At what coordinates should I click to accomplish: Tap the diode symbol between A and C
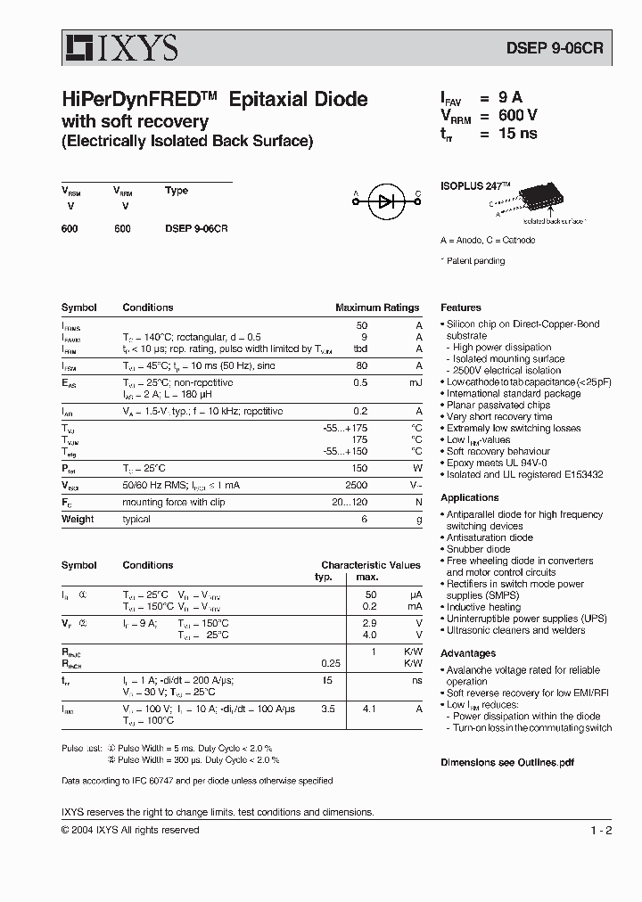click(x=386, y=202)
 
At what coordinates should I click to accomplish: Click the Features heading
click(x=461, y=307)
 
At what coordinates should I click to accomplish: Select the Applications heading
click(x=470, y=497)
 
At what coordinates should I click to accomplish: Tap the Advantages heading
click(x=468, y=653)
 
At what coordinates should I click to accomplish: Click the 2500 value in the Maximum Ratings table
click(x=356, y=485)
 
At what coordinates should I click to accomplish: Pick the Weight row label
click(x=78, y=519)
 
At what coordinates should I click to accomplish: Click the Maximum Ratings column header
click(x=376, y=307)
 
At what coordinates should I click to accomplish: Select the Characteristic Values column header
click(x=370, y=565)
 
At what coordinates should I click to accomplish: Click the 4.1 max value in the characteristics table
click(x=369, y=709)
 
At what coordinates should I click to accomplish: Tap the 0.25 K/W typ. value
click(x=330, y=663)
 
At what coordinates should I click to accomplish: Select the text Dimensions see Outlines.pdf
click(x=506, y=762)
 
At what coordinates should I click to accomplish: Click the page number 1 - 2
click(x=601, y=831)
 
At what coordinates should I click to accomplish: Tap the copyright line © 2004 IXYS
click(x=130, y=830)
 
